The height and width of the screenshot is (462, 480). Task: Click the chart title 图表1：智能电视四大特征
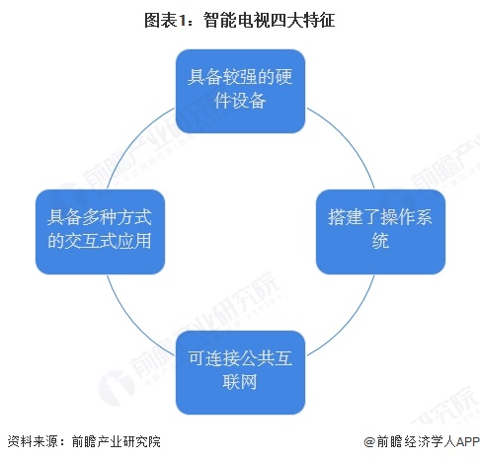click(x=240, y=21)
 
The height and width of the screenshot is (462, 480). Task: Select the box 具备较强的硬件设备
click(x=240, y=91)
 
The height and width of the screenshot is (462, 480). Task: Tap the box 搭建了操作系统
click(x=380, y=232)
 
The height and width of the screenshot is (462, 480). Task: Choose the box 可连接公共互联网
click(x=240, y=372)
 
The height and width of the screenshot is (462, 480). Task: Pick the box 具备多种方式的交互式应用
click(x=100, y=232)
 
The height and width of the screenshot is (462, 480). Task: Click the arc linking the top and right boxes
click(x=349, y=140)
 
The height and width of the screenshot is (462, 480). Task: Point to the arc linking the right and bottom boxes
click(x=349, y=324)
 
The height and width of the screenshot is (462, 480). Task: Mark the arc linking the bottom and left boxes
click(x=132, y=324)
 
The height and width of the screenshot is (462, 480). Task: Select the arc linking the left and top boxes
click(x=132, y=140)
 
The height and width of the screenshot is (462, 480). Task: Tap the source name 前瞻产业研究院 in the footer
click(x=117, y=441)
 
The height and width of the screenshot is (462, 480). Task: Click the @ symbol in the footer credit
click(x=369, y=441)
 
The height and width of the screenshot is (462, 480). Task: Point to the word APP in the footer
click(x=467, y=441)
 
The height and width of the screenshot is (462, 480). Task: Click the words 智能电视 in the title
click(x=236, y=21)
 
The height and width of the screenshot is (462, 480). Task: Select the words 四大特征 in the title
click(x=302, y=21)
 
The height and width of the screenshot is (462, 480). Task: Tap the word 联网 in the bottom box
click(x=240, y=382)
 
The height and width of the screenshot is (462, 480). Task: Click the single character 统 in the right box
click(x=380, y=241)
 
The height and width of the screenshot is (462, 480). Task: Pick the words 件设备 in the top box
click(x=240, y=101)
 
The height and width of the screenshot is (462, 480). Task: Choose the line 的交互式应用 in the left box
click(x=100, y=241)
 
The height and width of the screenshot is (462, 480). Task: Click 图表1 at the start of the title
click(x=166, y=21)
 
